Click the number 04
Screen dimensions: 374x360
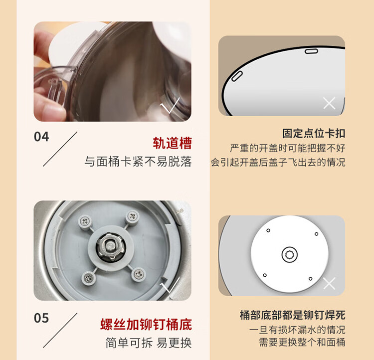[41, 137]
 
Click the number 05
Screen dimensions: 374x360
[41, 318]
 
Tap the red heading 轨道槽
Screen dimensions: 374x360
[172, 143]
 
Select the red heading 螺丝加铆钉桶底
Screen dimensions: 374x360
[146, 324]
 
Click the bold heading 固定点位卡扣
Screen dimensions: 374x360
[314, 133]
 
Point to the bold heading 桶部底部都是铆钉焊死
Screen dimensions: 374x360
[292, 315]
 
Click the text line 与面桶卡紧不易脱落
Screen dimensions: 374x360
[138, 162]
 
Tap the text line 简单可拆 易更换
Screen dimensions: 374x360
[149, 343]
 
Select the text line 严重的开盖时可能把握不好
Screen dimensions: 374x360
[287, 148]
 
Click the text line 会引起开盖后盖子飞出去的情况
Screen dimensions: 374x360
[278, 162]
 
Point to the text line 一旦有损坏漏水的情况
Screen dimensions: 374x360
[297, 330]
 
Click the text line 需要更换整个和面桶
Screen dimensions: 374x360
[302, 342]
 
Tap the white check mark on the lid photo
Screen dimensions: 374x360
[170, 105]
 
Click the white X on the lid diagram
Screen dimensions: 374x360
[329, 103]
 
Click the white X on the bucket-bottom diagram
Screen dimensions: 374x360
[329, 283]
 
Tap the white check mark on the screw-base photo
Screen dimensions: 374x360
[170, 285]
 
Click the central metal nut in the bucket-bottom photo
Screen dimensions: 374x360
[110, 246]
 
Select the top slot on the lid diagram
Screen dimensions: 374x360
[311, 51]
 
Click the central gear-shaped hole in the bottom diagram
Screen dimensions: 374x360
[290, 255]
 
